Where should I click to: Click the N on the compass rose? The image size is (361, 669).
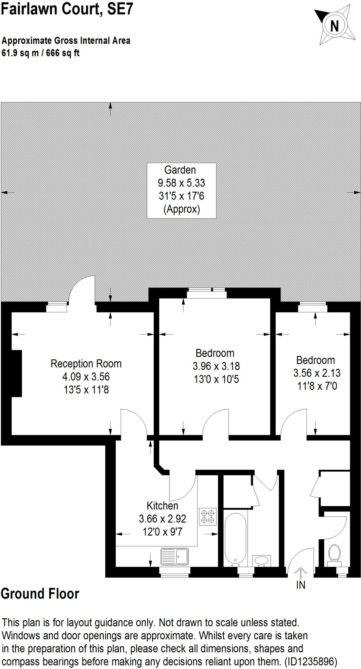(334, 26)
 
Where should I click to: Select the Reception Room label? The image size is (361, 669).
(86, 364)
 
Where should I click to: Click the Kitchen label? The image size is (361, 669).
(162, 506)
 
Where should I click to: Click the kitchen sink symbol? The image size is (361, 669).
(175, 557)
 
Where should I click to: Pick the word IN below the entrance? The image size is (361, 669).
(301, 585)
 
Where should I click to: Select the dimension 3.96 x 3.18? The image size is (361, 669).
(216, 366)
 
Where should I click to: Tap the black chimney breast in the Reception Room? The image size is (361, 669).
(16, 373)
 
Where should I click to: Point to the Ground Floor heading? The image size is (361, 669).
(40, 594)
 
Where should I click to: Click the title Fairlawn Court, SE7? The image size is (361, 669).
(67, 9)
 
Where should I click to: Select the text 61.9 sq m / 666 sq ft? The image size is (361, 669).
(41, 53)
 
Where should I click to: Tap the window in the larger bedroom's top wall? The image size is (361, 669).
(206, 293)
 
